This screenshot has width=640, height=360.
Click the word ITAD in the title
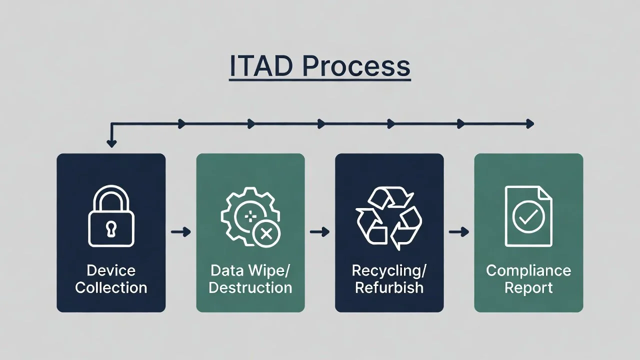[261, 66]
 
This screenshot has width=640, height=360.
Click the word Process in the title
[357, 66]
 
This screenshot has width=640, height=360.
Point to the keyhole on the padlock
[111, 229]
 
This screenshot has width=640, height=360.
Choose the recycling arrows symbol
[389, 219]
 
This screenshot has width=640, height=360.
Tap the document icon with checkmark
[528, 216]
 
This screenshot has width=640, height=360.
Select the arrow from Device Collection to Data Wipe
[181, 232]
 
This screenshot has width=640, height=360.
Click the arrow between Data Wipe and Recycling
[320, 232]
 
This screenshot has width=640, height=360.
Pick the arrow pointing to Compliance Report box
[459, 232]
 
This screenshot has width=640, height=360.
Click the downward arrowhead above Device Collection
[111, 143]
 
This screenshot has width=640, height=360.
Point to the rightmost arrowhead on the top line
[530, 124]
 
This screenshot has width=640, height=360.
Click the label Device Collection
[111, 279]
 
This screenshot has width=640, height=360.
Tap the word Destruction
[250, 288]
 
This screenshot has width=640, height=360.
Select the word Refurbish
[389, 288]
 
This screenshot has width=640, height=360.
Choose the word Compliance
[528, 271]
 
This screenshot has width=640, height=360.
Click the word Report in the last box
[528, 288]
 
